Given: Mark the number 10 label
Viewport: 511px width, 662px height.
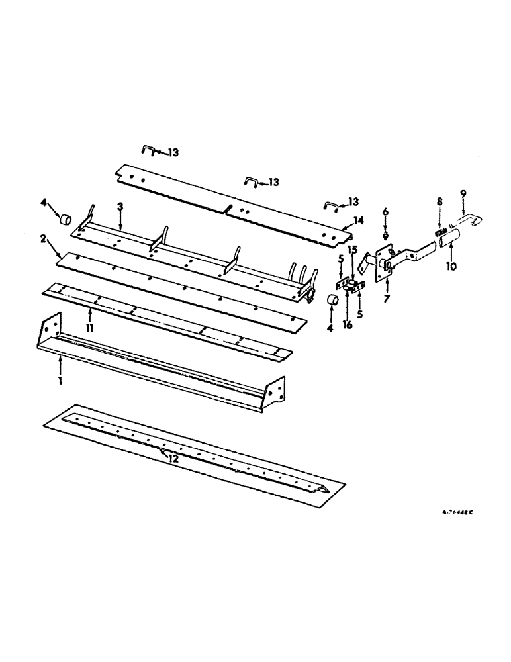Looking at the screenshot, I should pos(451,269).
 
